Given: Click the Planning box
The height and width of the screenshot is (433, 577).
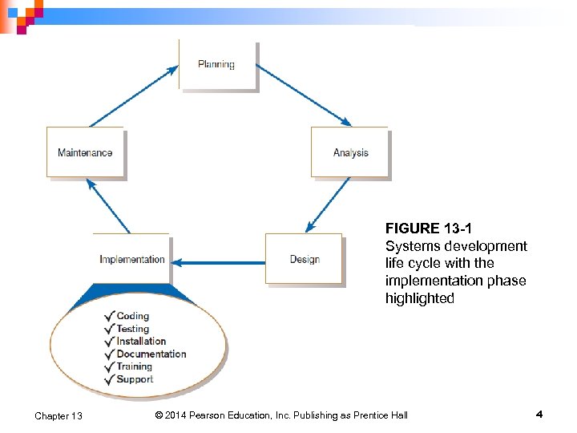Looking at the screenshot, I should tap(216, 64).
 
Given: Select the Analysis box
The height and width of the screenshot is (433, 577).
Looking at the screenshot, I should tap(350, 152).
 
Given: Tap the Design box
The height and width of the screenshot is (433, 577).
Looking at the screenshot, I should tap(305, 259).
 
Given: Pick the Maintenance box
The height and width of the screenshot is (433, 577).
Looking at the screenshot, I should tap(85, 152).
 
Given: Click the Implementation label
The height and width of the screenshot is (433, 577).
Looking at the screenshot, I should tap(132, 259).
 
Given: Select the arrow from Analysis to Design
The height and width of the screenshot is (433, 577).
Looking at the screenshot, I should tap(328, 204).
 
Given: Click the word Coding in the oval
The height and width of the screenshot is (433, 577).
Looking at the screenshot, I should tap(133, 316).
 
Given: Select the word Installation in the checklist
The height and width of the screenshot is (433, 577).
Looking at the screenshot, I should tap(141, 341).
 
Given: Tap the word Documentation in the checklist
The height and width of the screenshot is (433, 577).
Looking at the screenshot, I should tap(151, 354).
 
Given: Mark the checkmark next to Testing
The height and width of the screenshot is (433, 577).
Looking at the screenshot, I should tap(109, 329).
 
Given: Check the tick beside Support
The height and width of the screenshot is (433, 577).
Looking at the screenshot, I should tap(109, 379).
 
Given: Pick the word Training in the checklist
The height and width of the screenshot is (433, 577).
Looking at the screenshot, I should tap(134, 366).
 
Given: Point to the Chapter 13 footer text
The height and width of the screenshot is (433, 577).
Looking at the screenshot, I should tap(59, 415).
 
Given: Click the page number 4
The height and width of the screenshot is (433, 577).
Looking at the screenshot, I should tap(539, 415).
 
